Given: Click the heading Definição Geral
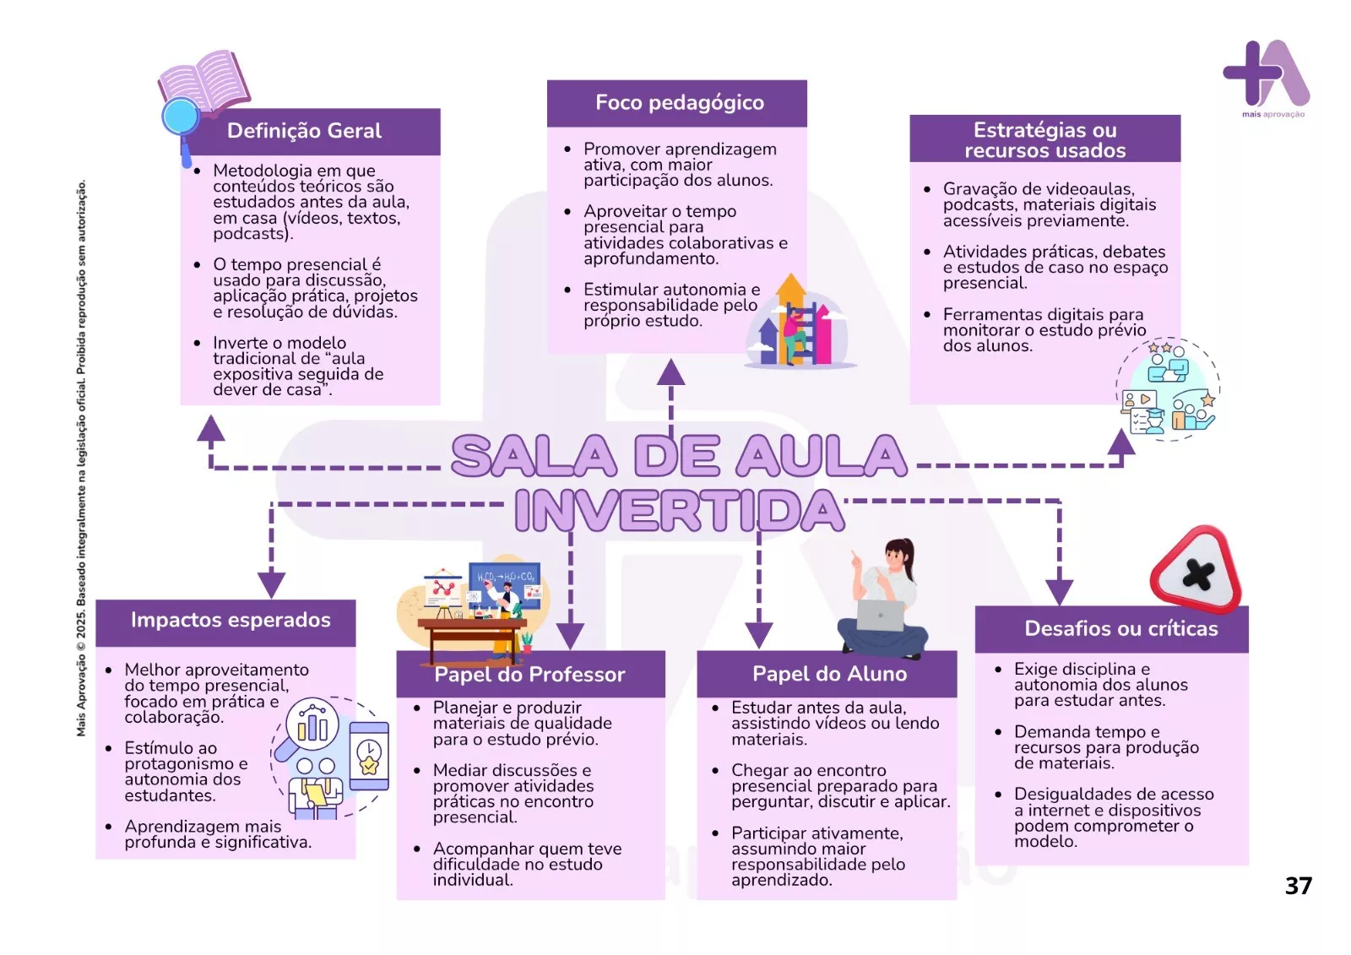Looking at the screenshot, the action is [x=304, y=131].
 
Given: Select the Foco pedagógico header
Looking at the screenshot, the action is [x=680, y=103].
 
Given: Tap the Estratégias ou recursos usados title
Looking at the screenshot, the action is [x=1044, y=139].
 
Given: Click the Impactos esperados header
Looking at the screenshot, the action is [x=231, y=620].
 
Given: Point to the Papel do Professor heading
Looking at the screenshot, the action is [x=529, y=675].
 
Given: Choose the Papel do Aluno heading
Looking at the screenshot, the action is [x=829, y=674].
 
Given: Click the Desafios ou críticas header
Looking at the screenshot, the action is [x=1121, y=628].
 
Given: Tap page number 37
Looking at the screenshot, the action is [x=1299, y=886].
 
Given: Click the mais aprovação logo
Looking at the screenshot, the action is [x=1267, y=79].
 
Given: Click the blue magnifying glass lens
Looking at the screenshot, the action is [x=181, y=117].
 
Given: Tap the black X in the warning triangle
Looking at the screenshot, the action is [x=1198, y=574].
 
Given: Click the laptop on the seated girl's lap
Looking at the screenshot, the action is [x=881, y=616].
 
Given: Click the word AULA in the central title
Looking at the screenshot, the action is [x=822, y=455].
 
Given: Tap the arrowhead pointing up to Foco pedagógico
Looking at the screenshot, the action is [x=670, y=372].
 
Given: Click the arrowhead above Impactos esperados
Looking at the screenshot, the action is [x=271, y=584].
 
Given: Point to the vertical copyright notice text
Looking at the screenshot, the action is [x=81, y=458].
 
